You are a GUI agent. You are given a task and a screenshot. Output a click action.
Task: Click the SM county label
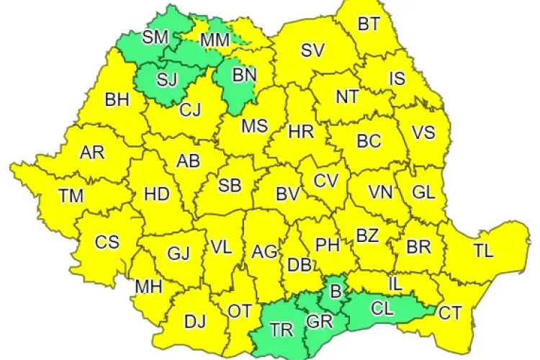[x=156, y=37]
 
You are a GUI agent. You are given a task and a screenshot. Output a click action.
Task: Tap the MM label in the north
[x=215, y=40]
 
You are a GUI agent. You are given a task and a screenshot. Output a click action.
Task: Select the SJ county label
[x=166, y=78]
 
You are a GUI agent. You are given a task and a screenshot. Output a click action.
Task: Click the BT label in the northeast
[x=369, y=24]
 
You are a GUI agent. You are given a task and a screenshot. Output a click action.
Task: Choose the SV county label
[x=313, y=50]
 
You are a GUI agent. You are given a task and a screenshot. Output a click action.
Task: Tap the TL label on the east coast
[x=483, y=251]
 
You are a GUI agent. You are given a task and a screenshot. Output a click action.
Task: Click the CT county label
[x=451, y=312]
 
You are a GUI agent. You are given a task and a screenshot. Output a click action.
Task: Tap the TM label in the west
[x=71, y=195]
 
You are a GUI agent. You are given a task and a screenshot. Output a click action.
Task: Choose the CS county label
[x=107, y=242]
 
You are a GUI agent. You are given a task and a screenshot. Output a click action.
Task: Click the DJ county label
[x=194, y=321]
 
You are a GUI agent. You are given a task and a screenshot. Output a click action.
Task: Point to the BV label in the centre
[x=287, y=194]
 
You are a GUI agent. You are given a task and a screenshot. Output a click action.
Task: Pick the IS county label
[x=397, y=78]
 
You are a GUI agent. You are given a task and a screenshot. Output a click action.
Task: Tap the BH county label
[x=117, y=99]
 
